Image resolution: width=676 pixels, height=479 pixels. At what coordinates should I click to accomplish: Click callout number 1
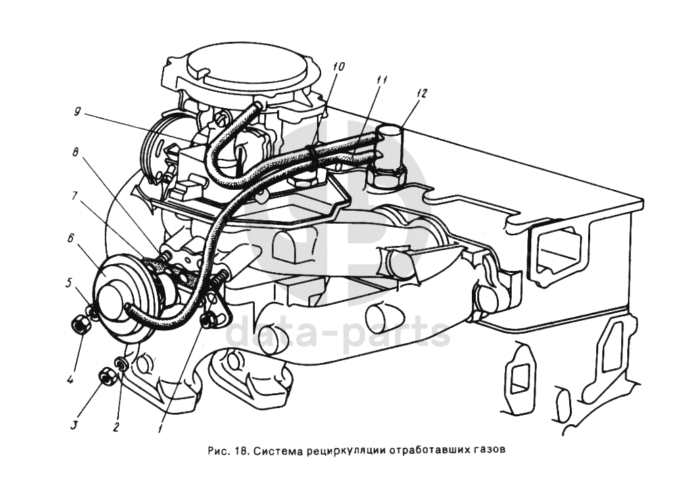[160, 428]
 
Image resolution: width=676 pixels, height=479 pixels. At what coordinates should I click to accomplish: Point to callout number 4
[70, 380]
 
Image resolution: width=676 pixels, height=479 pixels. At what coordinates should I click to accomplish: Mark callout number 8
[78, 153]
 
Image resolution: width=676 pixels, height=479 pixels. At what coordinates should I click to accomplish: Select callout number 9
[78, 113]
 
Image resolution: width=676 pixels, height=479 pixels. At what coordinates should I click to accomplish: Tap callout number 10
[338, 66]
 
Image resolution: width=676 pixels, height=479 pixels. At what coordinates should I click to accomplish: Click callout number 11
[382, 80]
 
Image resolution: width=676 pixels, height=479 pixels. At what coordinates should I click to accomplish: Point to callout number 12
[422, 94]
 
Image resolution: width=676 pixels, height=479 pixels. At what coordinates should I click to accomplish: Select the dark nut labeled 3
[106, 376]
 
